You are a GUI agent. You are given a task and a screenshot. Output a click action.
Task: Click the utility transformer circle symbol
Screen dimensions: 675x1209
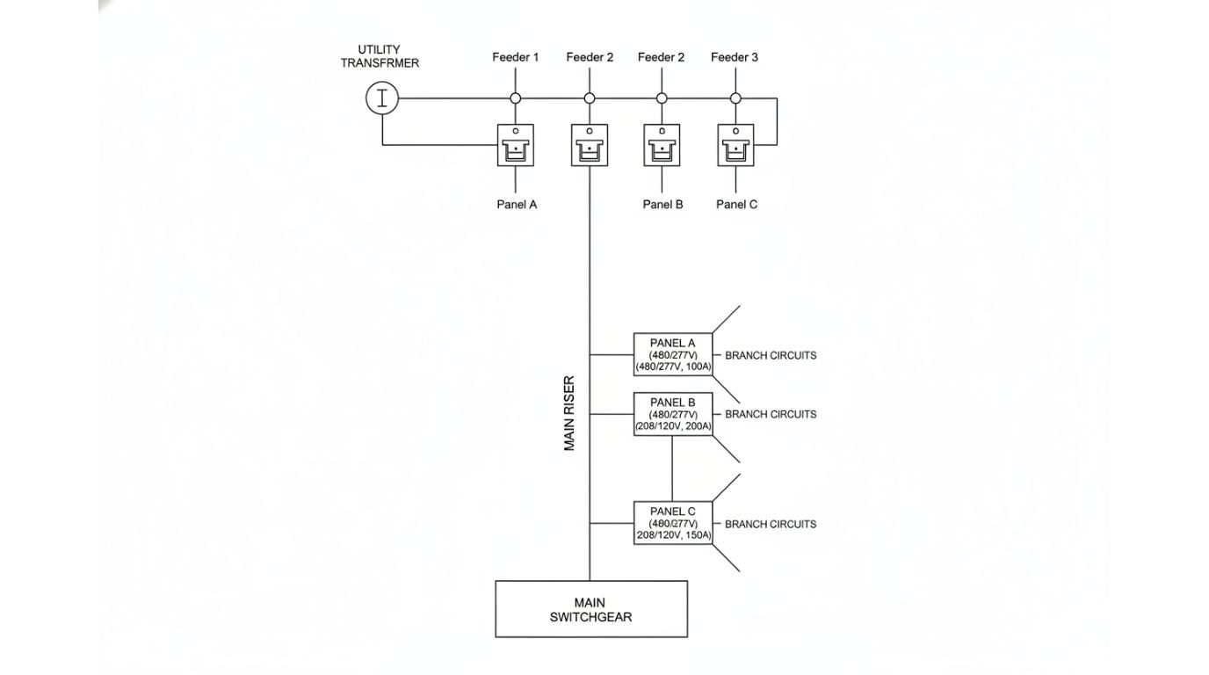(x=382, y=98)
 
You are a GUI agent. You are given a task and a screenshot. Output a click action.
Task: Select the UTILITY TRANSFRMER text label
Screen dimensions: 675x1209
(x=380, y=56)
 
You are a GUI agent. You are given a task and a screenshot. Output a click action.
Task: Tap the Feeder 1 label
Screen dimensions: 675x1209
(x=515, y=57)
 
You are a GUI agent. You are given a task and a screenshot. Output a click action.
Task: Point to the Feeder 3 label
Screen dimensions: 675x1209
(x=735, y=57)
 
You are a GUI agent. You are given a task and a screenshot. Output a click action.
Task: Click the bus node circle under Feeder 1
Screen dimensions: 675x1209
(x=516, y=98)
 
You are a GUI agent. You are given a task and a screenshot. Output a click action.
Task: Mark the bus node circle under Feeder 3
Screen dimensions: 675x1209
(x=735, y=98)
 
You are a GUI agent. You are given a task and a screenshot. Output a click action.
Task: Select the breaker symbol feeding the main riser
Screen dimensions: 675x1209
(x=589, y=145)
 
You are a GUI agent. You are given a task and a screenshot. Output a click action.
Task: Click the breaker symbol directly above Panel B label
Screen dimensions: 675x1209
(x=662, y=145)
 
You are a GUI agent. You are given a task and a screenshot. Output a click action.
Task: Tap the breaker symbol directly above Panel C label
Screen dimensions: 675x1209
(x=735, y=145)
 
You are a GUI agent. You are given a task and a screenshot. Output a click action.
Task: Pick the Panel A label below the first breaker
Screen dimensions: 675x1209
(x=516, y=205)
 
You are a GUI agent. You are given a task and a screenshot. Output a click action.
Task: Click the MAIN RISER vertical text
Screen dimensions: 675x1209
(x=569, y=414)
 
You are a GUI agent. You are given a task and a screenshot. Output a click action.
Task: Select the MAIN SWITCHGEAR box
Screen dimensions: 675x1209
(x=590, y=609)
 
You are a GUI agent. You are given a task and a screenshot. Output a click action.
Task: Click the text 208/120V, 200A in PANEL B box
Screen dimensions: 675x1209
(x=673, y=426)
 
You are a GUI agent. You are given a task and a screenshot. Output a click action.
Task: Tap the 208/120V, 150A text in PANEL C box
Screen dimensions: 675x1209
(x=673, y=535)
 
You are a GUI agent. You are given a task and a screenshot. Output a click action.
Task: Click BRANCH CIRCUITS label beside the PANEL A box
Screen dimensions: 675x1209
(x=770, y=356)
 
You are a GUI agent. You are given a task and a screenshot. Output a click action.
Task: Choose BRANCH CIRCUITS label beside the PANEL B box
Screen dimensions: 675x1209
(x=770, y=414)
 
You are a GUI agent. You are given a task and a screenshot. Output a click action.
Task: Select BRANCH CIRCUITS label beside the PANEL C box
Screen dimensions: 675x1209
(x=770, y=524)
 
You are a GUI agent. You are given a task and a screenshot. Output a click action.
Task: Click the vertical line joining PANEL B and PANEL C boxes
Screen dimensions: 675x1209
(x=672, y=468)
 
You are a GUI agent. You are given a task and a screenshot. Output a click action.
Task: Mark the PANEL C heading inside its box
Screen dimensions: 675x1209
(x=673, y=512)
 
